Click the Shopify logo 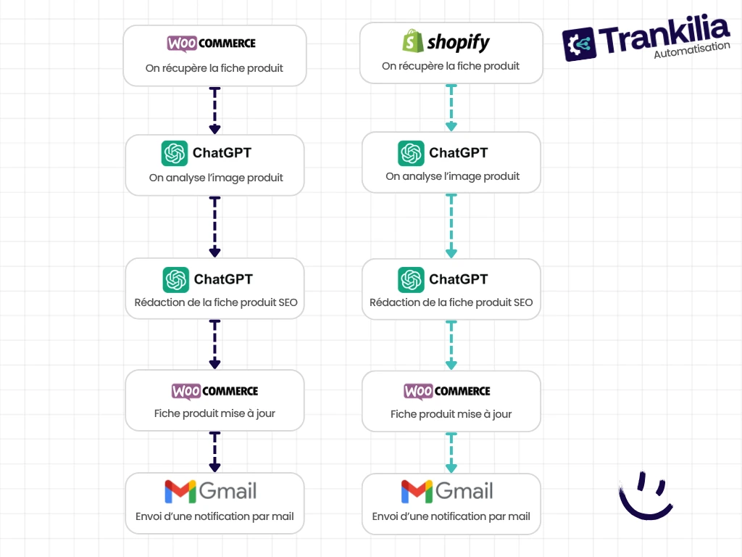(446, 41)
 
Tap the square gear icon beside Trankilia (579, 44)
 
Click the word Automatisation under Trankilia (692, 49)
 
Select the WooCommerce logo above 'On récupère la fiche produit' (211, 43)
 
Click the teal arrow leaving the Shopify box (451, 107)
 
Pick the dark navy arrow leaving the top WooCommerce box (214, 110)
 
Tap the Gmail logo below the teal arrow (447, 491)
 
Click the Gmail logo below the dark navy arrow (211, 491)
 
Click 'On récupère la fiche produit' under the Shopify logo (451, 66)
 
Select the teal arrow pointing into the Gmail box (451, 453)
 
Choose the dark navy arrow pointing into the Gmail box (214, 451)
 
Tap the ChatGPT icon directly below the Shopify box (411, 153)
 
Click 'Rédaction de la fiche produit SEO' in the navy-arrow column (216, 302)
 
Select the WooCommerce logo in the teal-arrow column (446, 391)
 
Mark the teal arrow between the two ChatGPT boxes (451, 226)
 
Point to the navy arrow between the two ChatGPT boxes (214, 227)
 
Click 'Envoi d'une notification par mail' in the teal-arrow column (451, 516)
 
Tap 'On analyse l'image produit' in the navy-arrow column (216, 178)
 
